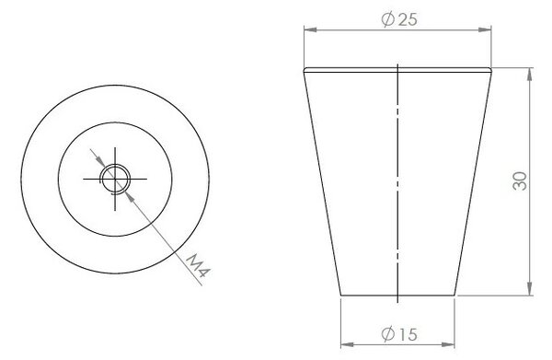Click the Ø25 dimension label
(399, 19)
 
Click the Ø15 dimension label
(399, 333)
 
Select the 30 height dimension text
(520, 181)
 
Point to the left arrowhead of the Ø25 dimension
(311, 30)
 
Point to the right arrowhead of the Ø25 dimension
(485, 30)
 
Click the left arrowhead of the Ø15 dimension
(348, 344)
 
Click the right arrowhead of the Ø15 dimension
(448, 344)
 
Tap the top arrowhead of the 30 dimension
(529, 75)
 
